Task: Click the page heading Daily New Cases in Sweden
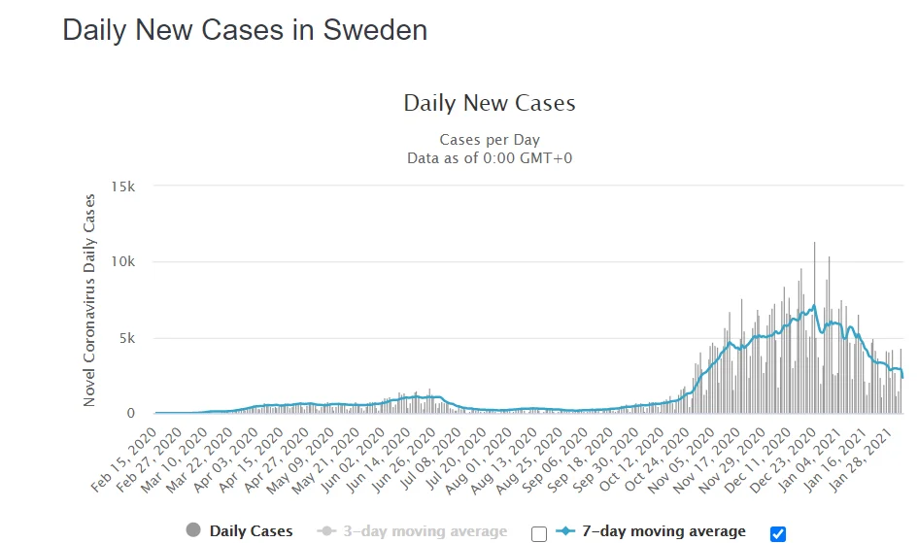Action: (x=245, y=30)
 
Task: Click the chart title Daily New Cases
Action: (x=490, y=103)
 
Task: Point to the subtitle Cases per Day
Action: (x=490, y=140)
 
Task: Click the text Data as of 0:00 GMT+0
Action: (x=490, y=158)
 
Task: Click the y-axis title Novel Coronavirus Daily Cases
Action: (x=90, y=300)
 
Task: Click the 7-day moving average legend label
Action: (x=664, y=531)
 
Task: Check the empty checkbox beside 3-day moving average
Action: (x=539, y=533)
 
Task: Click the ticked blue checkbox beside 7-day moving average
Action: (x=777, y=533)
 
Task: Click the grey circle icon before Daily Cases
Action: (x=193, y=530)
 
